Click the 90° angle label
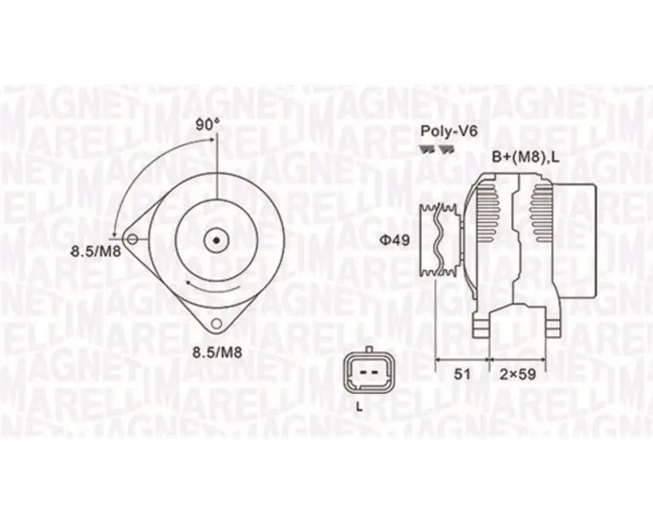click(207, 125)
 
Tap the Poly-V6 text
click(449, 131)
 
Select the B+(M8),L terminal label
click(526, 157)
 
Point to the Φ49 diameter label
click(394, 240)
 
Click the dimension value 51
click(462, 374)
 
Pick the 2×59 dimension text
click(517, 374)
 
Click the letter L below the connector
click(359, 408)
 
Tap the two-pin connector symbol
click(368, 371)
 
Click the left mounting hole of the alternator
click(132, 239)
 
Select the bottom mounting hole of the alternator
click(216, 323)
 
